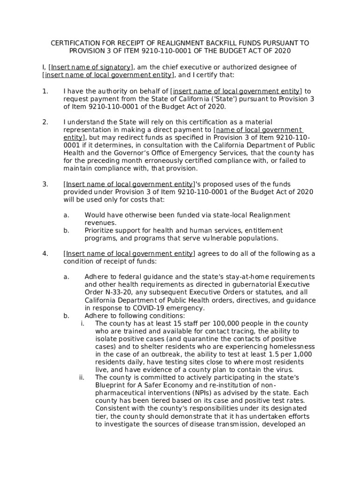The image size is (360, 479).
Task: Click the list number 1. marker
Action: pos(45,91)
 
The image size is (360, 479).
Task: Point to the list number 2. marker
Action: pos(45,122)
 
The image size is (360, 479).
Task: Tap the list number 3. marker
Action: pos(45,184)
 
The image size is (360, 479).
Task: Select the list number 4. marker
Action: pos(45,254)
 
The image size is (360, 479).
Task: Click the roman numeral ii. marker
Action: pos(81,377)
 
